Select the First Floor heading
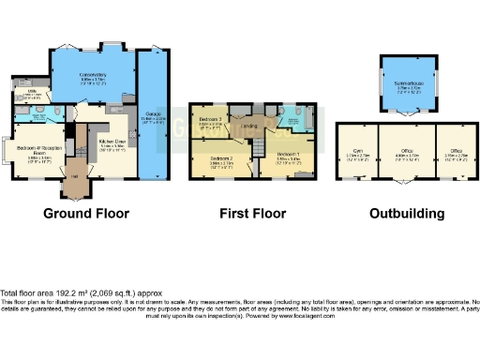coord(253,213)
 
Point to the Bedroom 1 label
coord(288,156)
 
